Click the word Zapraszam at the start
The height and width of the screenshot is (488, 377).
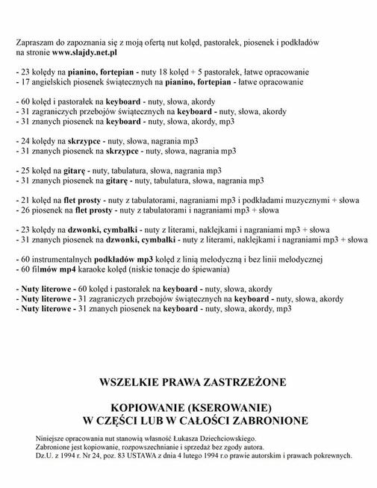coord(34,43)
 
